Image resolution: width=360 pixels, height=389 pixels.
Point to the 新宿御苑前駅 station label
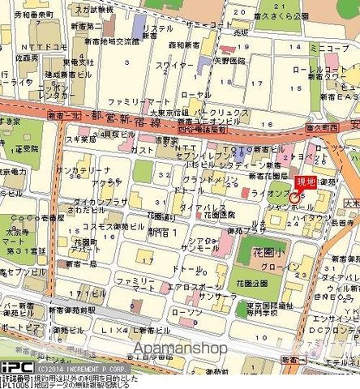click(x=72, y=310)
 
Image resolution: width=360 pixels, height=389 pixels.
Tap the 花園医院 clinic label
click(x=217, y=216)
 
